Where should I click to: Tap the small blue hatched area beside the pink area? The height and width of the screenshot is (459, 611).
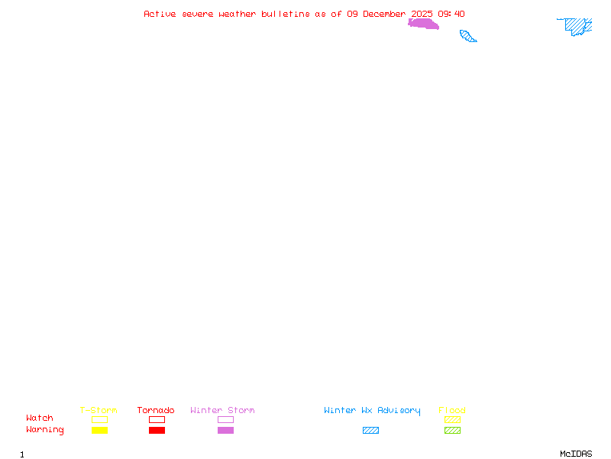coord(467,35)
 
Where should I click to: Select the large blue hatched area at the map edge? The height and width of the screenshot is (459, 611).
coord(577,26)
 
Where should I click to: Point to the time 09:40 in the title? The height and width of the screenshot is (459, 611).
coord(451,14)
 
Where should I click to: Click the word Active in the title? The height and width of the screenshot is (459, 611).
coord(160,14)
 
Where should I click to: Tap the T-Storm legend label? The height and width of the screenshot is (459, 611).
coord(99,410)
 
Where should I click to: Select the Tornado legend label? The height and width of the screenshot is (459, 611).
coord(156,410)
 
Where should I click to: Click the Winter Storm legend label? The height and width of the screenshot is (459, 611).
coord(222,410)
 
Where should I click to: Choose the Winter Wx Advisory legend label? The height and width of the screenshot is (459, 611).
coord(372,410)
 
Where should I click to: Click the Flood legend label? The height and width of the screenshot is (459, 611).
coord(452,410)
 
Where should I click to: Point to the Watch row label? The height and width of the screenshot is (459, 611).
coord(40,418)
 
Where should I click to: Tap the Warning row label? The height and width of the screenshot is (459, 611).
coord(45,430)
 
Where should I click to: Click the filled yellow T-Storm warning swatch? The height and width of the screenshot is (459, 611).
coord(99,431)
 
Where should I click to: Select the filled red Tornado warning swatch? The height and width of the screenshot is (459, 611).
coord(157,431)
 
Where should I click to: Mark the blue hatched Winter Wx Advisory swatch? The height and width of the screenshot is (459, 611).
coord(370,431)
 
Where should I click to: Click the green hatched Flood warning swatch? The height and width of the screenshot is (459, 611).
coord(452,431)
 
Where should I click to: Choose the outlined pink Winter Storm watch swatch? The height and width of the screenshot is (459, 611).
coord(225,419)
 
